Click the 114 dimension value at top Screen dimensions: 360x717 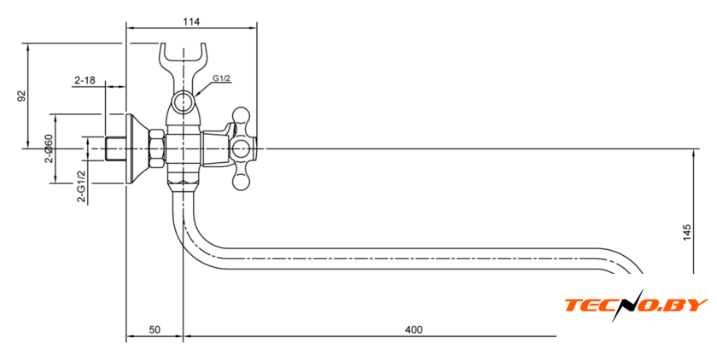pos(191,20)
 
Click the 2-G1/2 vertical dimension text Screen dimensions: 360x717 pos(81,185)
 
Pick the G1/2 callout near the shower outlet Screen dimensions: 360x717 pos(222,79)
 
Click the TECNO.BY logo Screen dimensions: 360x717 pos(636,305)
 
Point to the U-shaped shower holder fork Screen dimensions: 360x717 pos(184,60)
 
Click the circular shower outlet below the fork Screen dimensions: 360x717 pos(183,104)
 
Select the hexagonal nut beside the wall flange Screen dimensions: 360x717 pos(157,148)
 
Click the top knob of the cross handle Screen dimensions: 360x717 pos(242,114)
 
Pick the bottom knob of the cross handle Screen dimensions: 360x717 pos(242,181)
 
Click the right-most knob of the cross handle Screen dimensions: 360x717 pos(259,148)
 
